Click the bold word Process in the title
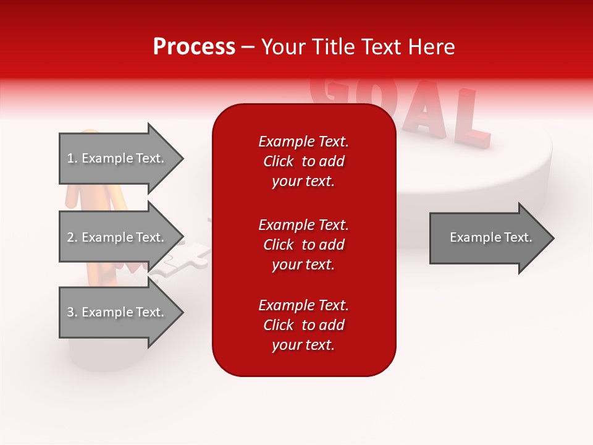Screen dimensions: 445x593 pyautogui.click(x=194, y=47)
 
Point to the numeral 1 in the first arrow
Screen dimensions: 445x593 pyautogui.click(x=70, y=158)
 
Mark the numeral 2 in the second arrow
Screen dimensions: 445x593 pyautogui.click(x=70, y=237)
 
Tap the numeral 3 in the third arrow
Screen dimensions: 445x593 pyautogui.click(x=70, y=312)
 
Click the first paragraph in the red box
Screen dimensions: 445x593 pyautogui.click(x=303, y=161)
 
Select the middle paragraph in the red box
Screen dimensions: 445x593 pyautogui.click(x=303, y=245)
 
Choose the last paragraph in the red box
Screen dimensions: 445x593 pyautogui.click(x=303, y=325)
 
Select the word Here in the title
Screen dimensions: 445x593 pyautogui.click(x=434, y=47)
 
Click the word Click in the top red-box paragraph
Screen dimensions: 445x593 pyautogui.click(x=279, y=161)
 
